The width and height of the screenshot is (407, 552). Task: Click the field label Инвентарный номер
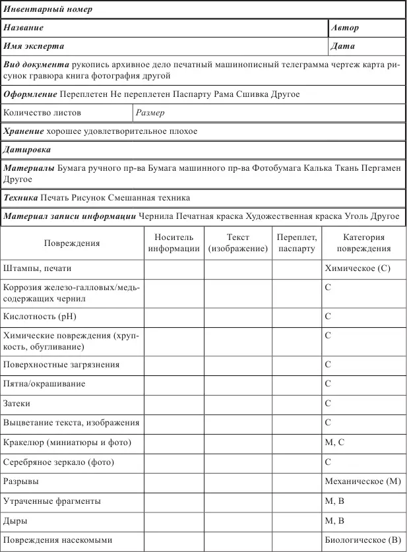click(48, 10)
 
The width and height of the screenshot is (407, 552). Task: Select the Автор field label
click(346, 28)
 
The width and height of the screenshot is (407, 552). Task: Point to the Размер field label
click(150, 113)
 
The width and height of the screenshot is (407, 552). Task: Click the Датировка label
click(27, 150)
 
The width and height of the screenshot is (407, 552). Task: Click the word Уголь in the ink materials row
click(351, 216)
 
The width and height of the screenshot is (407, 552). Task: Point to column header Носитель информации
click(173, 243)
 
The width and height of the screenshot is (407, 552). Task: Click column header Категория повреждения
click(363, 243)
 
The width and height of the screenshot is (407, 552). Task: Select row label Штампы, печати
click(38, 269)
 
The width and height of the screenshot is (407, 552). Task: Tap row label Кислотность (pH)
click(40, 317)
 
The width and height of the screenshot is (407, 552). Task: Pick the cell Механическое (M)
click(363, 482)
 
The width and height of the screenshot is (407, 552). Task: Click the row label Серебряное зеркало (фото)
click(63, 463)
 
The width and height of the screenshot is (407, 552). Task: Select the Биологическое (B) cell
click(363, 540)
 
